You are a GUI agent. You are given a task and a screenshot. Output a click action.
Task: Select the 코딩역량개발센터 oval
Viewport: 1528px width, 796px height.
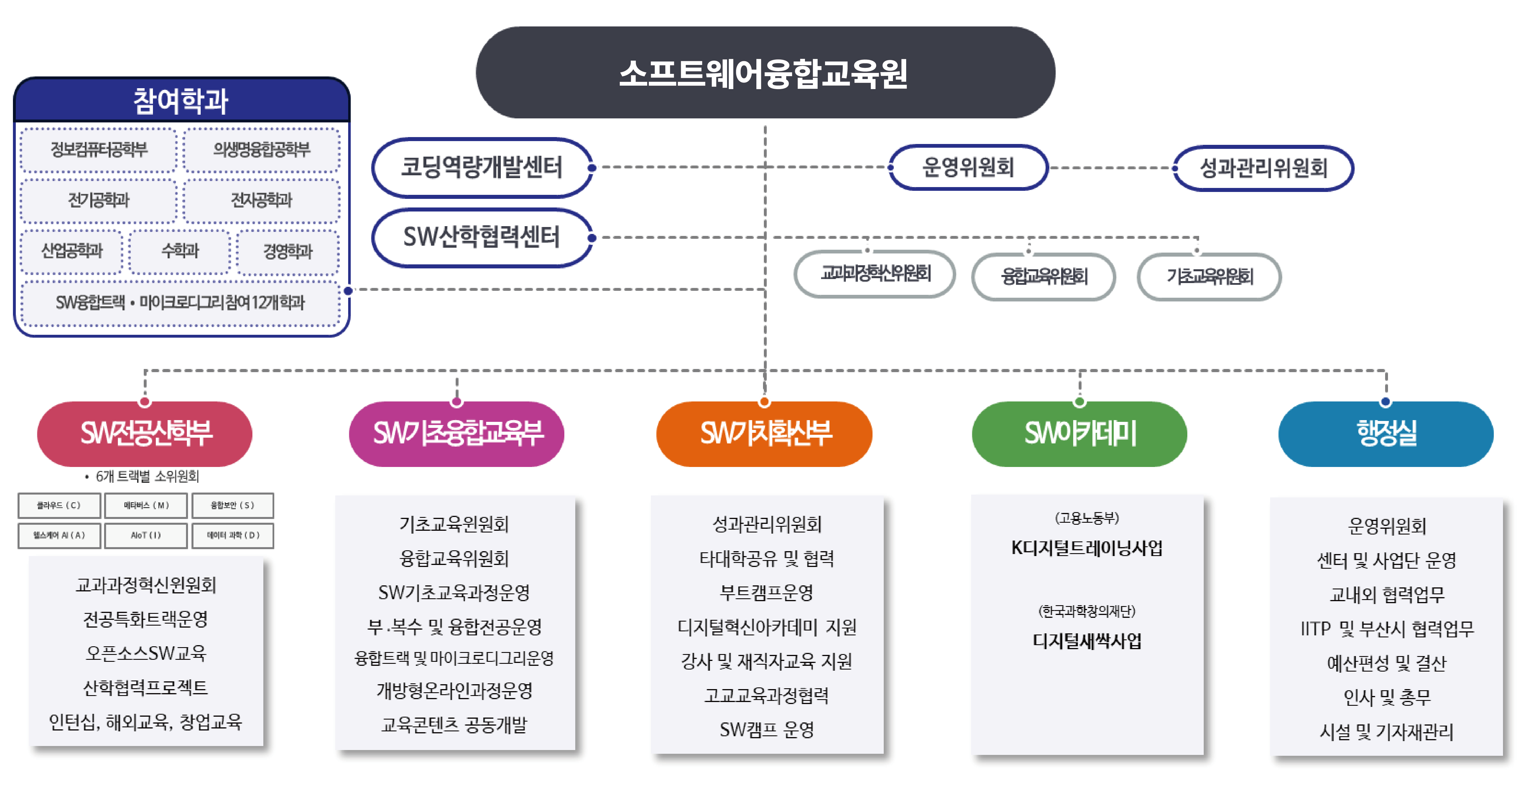(482, 167)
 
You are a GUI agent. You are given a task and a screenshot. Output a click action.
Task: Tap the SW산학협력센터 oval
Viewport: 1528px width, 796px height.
(482, 237)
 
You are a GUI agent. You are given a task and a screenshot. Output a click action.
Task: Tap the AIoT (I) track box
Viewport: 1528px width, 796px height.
(146, 535)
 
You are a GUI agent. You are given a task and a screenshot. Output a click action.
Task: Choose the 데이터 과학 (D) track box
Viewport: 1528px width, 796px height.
(233, 535)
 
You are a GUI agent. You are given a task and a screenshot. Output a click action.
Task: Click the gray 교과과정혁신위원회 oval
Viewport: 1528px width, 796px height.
(875, 274)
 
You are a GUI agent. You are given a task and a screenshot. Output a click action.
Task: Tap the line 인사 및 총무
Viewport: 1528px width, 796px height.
(1387, 698)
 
